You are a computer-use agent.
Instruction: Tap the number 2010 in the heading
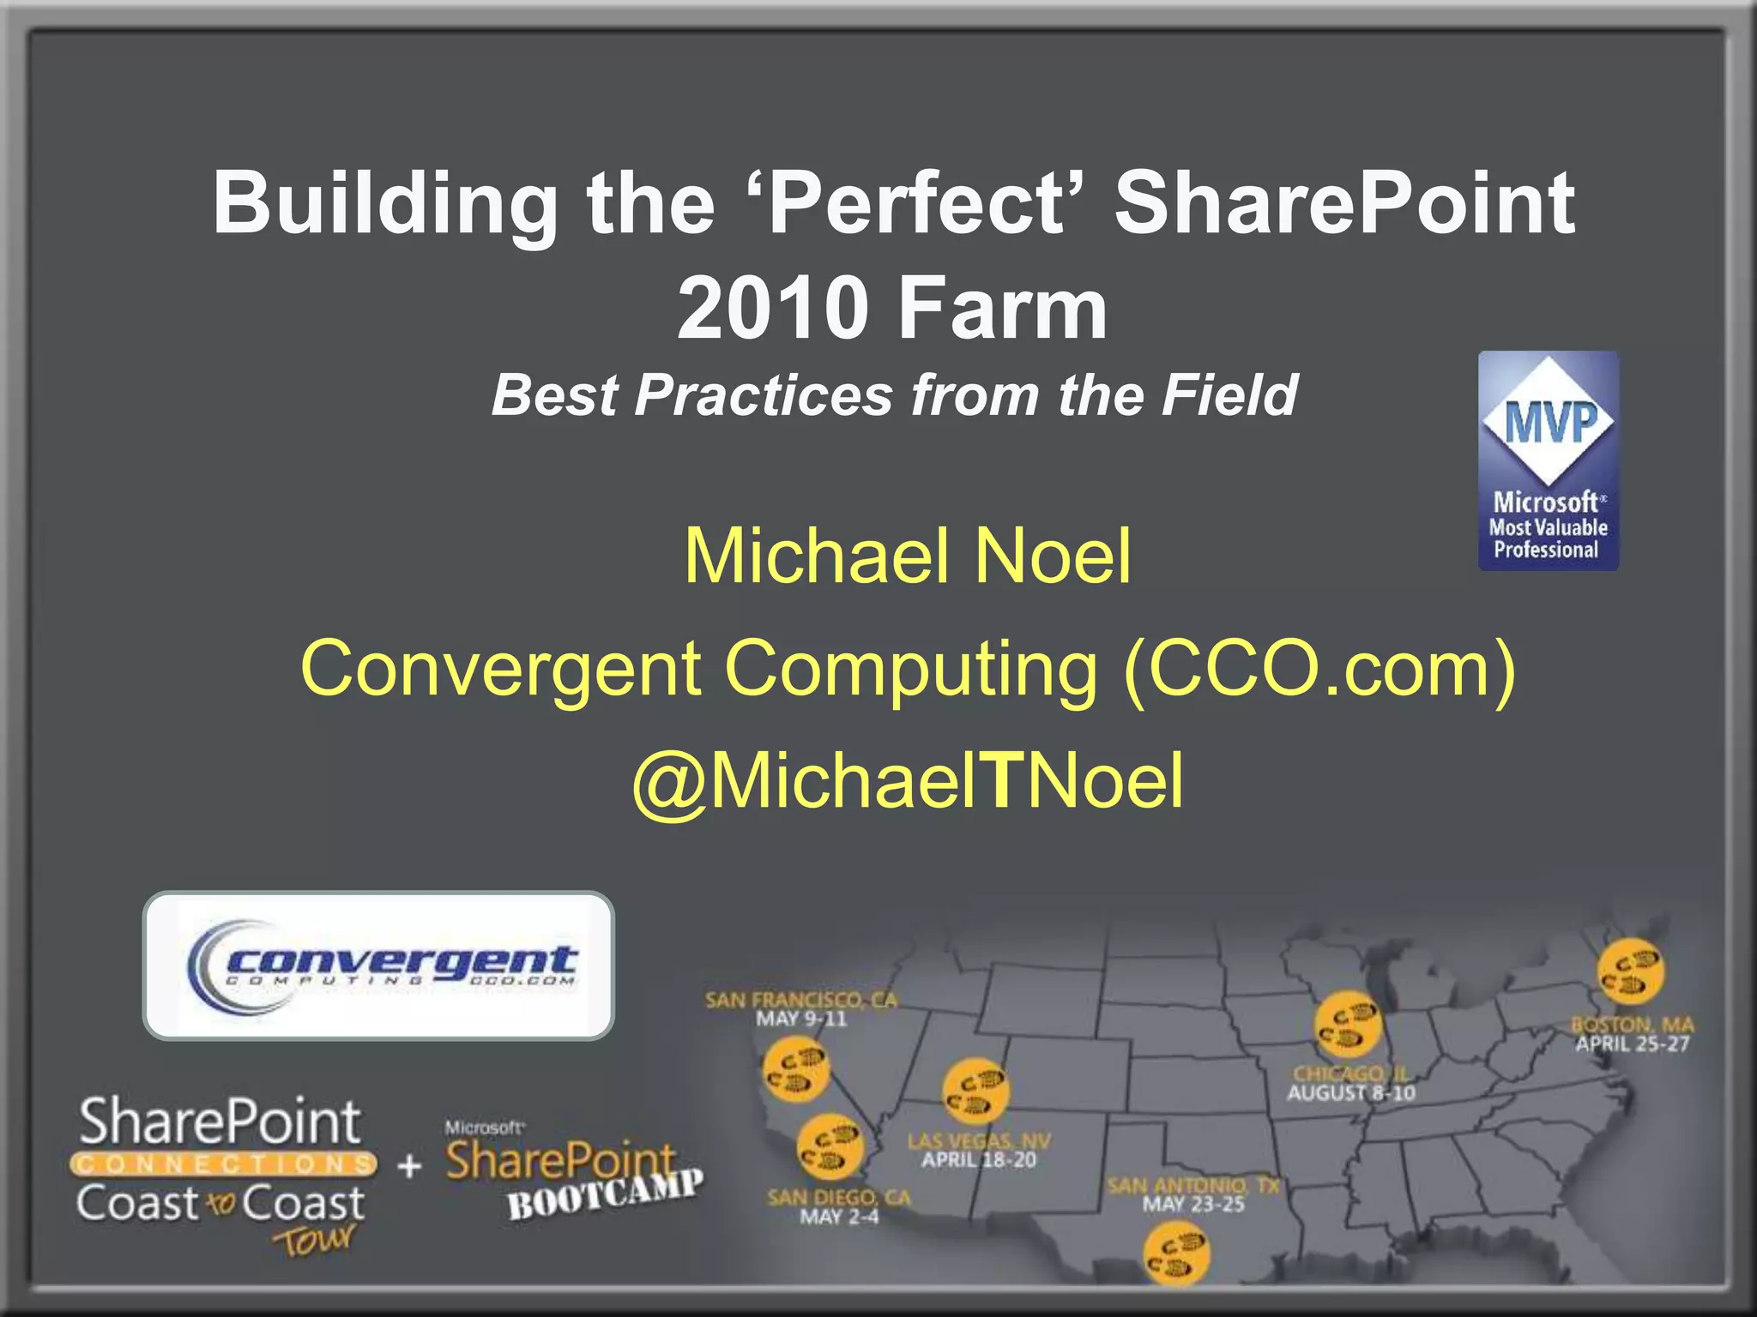(x=772, y=309)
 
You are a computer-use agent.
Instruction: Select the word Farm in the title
(x=1003, y=309)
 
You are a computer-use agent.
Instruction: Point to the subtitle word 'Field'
(x=1229, y=395)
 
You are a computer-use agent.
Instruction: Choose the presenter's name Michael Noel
(x=908, y=556)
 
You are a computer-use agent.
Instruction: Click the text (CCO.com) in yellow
(x=1319, y=670)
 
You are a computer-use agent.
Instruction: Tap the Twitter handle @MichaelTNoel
(x=908, y=781)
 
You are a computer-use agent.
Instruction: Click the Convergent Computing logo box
(x=378, y=965)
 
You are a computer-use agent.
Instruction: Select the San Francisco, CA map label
(x=800, y=1000)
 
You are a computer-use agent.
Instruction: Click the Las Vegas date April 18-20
(x=979, y=1161)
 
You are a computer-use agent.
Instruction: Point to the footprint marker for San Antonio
(x=1176, y=1254)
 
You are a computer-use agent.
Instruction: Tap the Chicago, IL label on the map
(x=1349, y=1073)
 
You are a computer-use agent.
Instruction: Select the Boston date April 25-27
(x=1632, y=1044)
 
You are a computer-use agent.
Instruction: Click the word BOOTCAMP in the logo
(x=606, y=1194)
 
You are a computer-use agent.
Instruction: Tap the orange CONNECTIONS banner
(x=223, y=1164)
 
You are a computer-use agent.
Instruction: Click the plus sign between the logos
(x=410, y=1165)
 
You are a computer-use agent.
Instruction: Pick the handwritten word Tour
(x=314, y=1240)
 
